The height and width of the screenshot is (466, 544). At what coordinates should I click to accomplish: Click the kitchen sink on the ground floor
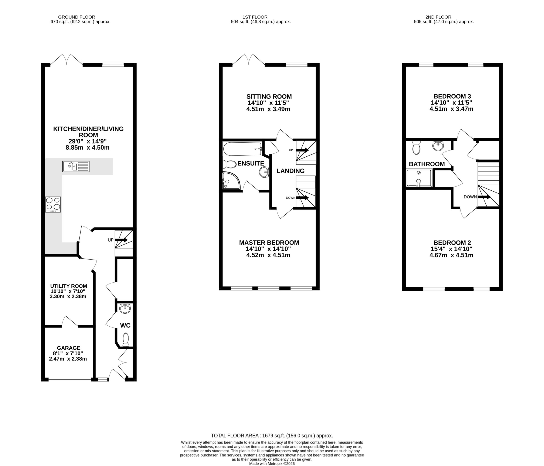(x=76, y=166)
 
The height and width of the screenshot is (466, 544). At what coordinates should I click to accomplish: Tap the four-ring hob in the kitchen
(x=53, y=204)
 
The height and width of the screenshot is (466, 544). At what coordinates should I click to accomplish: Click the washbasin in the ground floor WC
(x=125, y=309)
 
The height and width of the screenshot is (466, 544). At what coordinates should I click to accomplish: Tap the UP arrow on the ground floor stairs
(x=121, y=240)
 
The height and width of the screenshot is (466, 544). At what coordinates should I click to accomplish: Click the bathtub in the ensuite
(x=242, y=149)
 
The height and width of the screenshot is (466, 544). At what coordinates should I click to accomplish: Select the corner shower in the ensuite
(x=231, y=181)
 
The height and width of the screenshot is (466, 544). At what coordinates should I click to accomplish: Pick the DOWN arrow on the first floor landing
(x=302, y=198)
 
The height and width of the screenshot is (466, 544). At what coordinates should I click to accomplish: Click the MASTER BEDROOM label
(x=269, y=243)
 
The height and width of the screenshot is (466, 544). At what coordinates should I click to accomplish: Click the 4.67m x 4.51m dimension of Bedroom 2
(x=451, y=255)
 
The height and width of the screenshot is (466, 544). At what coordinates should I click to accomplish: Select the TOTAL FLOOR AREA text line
(x=272, y=436)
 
